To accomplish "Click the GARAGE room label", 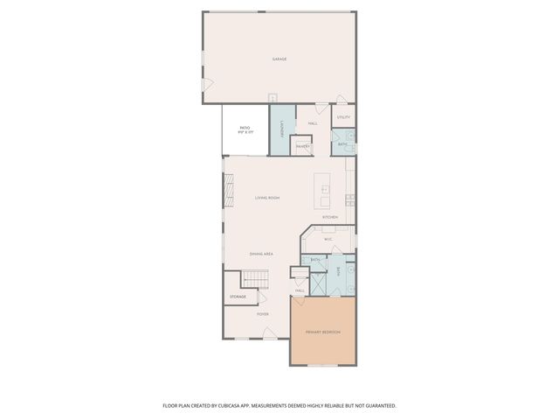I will (279, 59).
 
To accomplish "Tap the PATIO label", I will (245, 128).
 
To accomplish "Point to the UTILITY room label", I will (343, 116).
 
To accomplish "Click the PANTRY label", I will (302, 146).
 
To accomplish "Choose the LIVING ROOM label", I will (267, 198).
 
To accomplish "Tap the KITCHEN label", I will (330, 217).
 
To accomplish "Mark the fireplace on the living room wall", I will (229, 188).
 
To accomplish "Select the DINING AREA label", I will (262, 254).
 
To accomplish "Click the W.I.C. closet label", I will (328, 239).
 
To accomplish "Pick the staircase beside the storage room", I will (256, 279).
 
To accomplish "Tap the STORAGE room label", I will (238, 297).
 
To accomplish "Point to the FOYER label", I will (263, 313).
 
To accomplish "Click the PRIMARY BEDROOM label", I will (323, 332).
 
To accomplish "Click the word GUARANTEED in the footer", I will (377, 405).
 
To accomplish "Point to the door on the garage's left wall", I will (207, 84).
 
